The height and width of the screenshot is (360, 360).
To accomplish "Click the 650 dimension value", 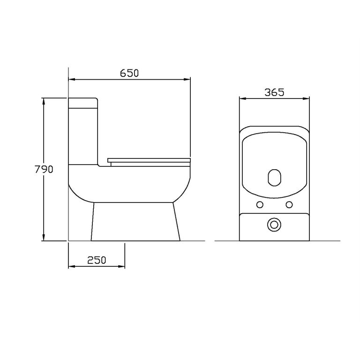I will [x=129, y=73].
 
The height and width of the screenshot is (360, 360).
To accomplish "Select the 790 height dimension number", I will [x=44, y=169].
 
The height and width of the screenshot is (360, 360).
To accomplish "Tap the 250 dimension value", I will [x=97, y=260].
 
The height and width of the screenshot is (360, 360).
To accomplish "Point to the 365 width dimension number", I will [x=274, y=92].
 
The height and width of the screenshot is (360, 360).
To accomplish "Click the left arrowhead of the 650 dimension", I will [x=72, y=79].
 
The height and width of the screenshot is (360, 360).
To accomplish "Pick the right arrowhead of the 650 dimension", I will [x=187, y=79].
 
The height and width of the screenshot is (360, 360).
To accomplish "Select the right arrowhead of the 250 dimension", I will [x=122, y=266].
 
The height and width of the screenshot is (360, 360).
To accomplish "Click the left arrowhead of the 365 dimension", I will [x=242, y=98].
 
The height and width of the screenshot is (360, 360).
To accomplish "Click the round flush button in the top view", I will [x=274, y=225].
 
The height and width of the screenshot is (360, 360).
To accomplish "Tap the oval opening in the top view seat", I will [x=274, y=177].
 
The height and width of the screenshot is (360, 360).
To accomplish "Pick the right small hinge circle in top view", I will [x=289, y=204].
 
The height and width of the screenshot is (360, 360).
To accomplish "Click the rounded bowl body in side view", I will [x=130, y=185].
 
